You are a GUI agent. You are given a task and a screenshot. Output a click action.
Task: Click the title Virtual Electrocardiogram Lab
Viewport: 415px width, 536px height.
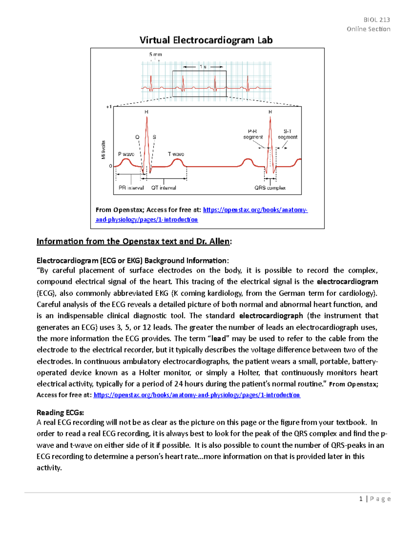click(x=206, y=40)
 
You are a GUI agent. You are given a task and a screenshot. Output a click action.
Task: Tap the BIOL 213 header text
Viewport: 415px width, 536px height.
click(x=377, y=20)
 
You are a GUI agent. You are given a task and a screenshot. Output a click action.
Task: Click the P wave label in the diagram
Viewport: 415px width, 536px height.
click(x=126, y=154)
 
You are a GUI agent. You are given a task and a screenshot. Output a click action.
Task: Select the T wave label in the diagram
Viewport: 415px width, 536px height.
click(x=176, y=154)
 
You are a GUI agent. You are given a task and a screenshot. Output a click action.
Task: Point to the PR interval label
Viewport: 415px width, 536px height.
click(x=131, y=188)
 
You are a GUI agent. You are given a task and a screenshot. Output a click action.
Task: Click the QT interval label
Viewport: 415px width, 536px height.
click(x=164, y=188)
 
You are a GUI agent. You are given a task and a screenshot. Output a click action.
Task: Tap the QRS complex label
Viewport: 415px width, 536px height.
click(x=270, y=188)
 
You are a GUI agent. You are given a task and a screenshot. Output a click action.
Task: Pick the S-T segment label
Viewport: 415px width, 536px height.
click(x=287, y=134)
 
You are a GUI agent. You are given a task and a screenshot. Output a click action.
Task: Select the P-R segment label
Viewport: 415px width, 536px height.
click(x=253, y=134)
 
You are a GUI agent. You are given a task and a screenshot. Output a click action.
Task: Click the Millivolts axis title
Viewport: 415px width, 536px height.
click(x=103, y=150)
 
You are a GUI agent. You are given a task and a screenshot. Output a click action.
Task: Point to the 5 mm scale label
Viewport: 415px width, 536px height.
click(x=156, y=55)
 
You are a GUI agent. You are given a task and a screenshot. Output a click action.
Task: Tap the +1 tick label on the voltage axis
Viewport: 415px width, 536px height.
click(x=109, y=107)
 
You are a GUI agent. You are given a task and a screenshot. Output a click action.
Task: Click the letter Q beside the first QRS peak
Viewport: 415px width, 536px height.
click(x=137, y=137)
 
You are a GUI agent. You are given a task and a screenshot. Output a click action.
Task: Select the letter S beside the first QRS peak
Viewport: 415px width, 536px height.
click(x=154, y=137)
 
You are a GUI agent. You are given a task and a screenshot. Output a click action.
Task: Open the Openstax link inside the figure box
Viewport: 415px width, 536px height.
click(x=255, y=210)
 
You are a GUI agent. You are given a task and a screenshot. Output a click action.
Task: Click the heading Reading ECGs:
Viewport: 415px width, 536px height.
click(x=60, y=412)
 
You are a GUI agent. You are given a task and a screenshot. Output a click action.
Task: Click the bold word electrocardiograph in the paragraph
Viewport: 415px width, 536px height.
click(x=271, y=316)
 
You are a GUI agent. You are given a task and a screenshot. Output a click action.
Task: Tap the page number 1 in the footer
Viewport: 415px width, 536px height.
click(x=361, y=499)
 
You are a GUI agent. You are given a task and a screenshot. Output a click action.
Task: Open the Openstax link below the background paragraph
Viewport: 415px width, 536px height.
click(x=197, y=395)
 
